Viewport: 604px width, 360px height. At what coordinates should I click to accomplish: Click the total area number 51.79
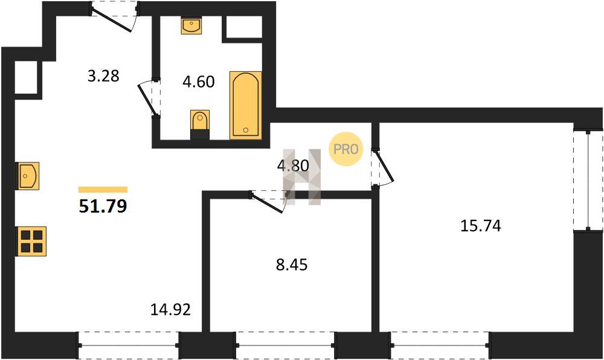(x=103, y=207)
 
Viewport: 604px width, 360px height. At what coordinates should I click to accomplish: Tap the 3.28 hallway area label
(x=103, y=76)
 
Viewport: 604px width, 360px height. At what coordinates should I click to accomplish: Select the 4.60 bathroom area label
(x=198, y=82)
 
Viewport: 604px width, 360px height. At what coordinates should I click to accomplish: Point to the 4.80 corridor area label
(x=293, y=166)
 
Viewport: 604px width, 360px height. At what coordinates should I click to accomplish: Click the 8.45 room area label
(x=292, y=265)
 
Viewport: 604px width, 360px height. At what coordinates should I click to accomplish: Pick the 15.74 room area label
(x=481, y=226)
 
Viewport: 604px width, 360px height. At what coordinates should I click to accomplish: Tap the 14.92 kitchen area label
(x=170, y=309)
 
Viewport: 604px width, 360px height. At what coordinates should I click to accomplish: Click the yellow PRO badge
(x=346, y=149)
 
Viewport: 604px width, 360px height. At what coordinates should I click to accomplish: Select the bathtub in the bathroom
(x=245, y=104)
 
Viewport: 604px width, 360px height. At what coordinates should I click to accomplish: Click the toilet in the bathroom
(x=200, y=124)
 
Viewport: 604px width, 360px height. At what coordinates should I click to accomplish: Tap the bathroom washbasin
(x=191, y=26)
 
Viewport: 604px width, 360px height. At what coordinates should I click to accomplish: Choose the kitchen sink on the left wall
(x=27, y=176)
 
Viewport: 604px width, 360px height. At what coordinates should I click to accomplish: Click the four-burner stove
(x=31, y=241)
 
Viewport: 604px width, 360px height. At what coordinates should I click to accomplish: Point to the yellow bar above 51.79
(x=103, y=190)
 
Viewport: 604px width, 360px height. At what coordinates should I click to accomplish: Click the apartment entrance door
(x=114, y=18)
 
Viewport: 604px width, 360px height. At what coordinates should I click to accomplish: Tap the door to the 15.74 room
(x=382, y=168)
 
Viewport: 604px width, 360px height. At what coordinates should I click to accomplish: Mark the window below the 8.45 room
(x=286, y=345)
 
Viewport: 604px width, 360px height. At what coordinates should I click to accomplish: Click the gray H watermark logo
(x=302, y=178)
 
